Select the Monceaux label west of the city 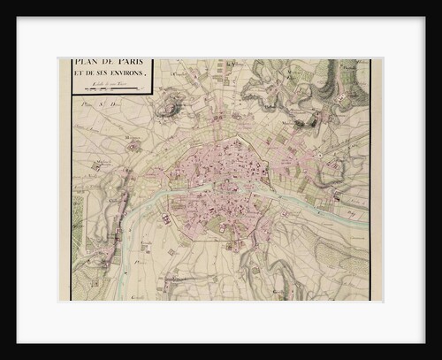point(132,139)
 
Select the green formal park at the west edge point(77,221)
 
